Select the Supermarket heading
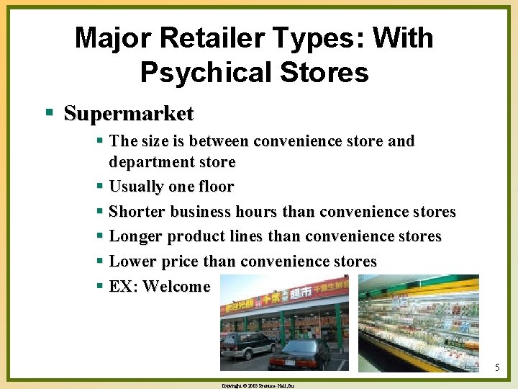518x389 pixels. (129, 114)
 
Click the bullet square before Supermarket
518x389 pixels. (49, 114)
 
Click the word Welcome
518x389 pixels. (176, 286)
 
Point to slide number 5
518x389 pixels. (497, 369)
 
